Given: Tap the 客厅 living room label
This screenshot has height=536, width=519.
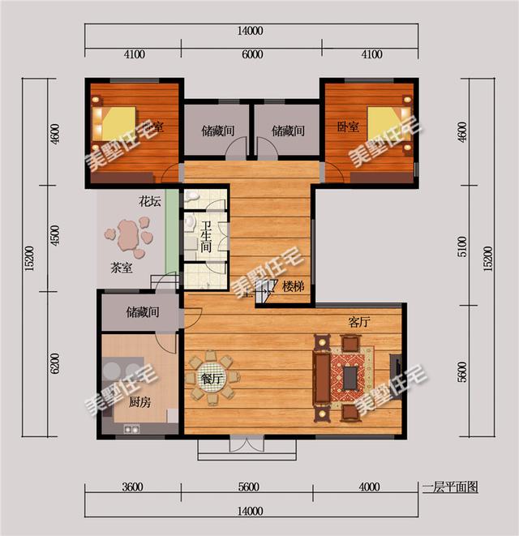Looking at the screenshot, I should [x=358, y=322].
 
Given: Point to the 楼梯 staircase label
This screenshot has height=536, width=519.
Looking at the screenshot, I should [x=293, y=286].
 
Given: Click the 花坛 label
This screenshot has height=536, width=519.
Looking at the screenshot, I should [x=148, y=201].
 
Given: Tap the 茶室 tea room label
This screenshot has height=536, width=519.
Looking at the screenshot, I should [x=122, y=268].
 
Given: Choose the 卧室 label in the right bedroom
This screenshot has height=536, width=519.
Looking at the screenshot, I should [x=348, y=126].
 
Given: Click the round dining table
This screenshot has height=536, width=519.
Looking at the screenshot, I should [x=212, y=376].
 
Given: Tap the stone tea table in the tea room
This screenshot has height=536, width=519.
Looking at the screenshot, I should [x=128, y=236].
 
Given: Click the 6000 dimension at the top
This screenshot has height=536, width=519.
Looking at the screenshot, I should [x=252, y=55].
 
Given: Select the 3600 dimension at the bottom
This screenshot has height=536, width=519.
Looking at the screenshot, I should [x=133, y=487].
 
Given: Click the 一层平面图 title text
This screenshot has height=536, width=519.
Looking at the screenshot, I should [x=450, y=487].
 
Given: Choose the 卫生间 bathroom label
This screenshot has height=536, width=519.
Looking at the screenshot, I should [x=207, y=239].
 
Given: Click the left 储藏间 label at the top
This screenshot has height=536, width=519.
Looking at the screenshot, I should [x=218, y=130].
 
